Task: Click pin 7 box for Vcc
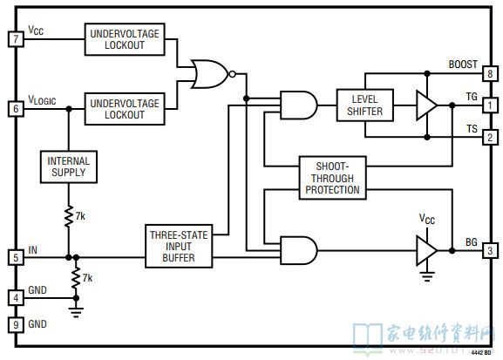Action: click(16, 39)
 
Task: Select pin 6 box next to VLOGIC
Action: click(16, 109)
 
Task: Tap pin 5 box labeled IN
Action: click(16, 257)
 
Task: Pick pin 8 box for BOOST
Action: click(490, 73)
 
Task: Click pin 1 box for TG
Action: click(490, 105)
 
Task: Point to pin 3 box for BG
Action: click(490, 250)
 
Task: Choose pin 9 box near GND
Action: click(16, 325)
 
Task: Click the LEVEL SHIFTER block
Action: click(365, 105)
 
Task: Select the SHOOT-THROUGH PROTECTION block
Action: click(333, 178)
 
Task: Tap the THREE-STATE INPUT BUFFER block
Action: click(179, 246)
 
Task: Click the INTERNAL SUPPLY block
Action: click(69, 166)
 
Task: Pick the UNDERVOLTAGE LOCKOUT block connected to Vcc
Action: click(125, 39)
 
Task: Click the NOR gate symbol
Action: click(213, 74)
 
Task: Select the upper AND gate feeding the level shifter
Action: click(299, 105)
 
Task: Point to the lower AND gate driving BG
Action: click(299, 250)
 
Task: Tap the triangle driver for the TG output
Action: click(426, 105)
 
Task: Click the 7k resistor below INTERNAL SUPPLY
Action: click(69, 216)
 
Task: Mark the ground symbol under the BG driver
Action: click(427, 276)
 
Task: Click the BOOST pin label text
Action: click(463, 65)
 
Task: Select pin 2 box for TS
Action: click(490, 138)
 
